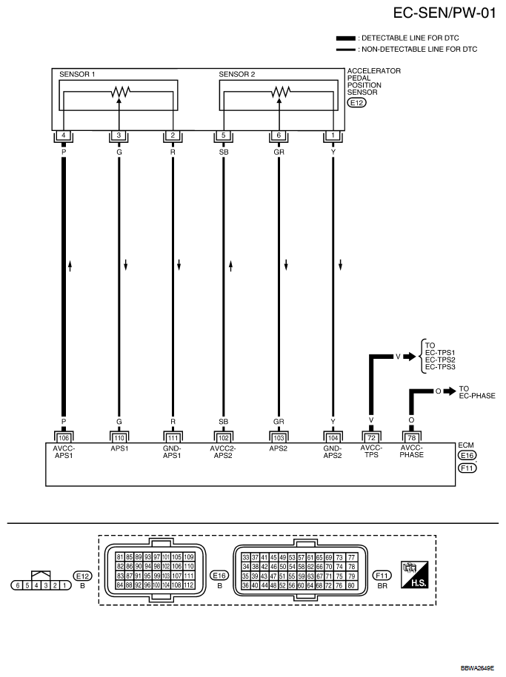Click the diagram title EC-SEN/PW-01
[x=445, y=13]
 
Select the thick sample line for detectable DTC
[x=345, y=38]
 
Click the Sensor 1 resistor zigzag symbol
[x=121, y=91]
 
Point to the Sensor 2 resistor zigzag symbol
[x=281, y=91]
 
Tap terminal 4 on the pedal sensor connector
[x=64, y=135]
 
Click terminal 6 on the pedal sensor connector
[x=279, y=135]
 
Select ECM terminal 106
[x=64, y=438]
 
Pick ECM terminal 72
[x=371, y=438]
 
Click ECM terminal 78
[x=411, y=438]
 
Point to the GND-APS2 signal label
[x=333, y=451]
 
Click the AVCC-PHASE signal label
[x=412, y=451]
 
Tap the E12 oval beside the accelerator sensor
[x=357, y=103]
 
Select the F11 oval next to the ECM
[x=467, y=468]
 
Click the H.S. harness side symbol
[x=415, y=575]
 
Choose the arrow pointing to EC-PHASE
[x=450, y=391]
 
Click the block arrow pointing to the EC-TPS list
[x=410, y=357]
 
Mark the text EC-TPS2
[x=440, y=360]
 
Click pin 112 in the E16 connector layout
[x=189, y=585]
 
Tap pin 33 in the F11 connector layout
[x=246, y=557]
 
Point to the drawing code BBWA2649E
[x=477, y=668]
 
